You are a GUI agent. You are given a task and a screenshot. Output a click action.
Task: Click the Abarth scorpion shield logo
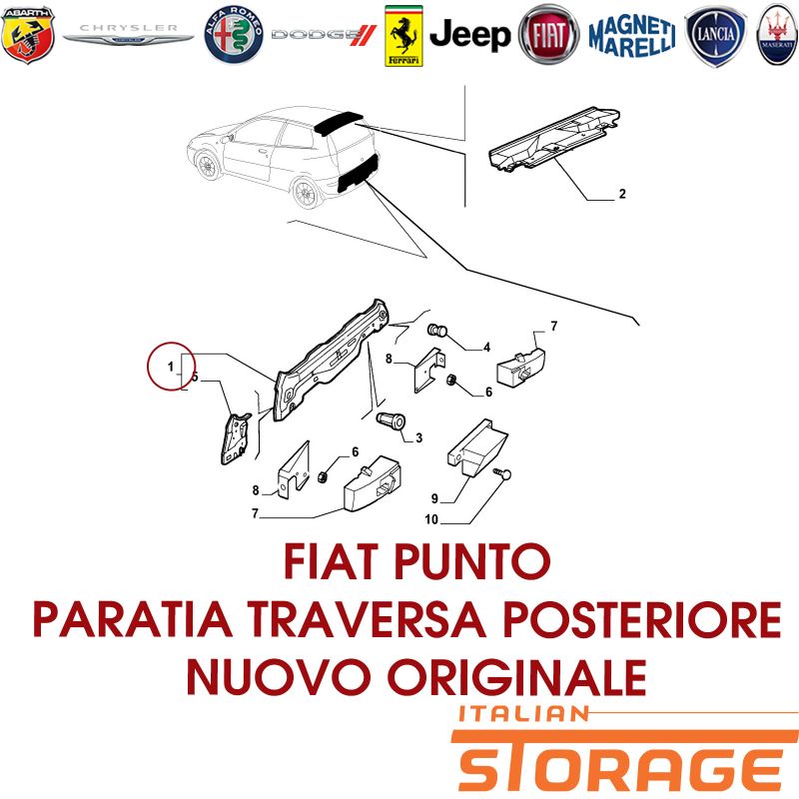pyautogui.click(x=28, y=35)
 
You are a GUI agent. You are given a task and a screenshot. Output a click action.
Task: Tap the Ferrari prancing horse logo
pyautogui.click(x=403, y=36)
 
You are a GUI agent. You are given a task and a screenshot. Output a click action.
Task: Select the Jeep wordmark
pyautogui.click(x=469, y=36)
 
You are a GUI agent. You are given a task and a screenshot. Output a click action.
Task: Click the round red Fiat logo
pyautogui.click(x=548, y=35)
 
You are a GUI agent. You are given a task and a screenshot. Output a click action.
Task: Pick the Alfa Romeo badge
pyautogui.click(x=234, y=35)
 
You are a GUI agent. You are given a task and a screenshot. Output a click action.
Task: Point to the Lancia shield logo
pyautogui.click(x=715, y=36)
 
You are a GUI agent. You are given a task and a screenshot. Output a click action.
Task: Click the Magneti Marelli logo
pyautogui.click(x=632, y=36)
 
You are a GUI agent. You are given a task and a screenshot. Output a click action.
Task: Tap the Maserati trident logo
pyautogui.click(x=777, y=35)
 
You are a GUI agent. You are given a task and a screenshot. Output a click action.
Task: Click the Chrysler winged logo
pyautogui.click(x=128, y=34)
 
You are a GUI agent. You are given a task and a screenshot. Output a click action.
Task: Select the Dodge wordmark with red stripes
pyautogui.click(x=324, y=35)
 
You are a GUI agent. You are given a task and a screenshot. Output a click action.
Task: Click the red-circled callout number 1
pyautogui.click(x=171, y=367)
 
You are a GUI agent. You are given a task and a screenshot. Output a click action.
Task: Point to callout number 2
pyautogui.click(x=622, y=194)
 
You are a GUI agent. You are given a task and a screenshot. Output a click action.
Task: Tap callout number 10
pyautogui.click(x=431, y=519)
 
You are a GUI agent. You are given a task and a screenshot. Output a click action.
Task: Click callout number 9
pyautogui.click(x=434, y=498)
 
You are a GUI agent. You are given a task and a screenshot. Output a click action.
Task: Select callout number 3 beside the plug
pyautogui.click(x=418, y=437)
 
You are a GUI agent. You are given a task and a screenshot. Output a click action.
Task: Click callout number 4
pyautogui.click(x=486, y=347)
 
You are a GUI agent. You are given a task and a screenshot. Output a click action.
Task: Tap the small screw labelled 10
pyautogui.click(x=502, y=473)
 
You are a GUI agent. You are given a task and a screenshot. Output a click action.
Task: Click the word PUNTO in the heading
pyautogui.click(x=471, y=561)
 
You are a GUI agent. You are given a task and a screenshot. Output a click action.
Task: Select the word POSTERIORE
pyautogui.click(x=642, y=619)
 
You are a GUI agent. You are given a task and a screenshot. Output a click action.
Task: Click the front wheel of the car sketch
pyautogui.click(x=207, y=166)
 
